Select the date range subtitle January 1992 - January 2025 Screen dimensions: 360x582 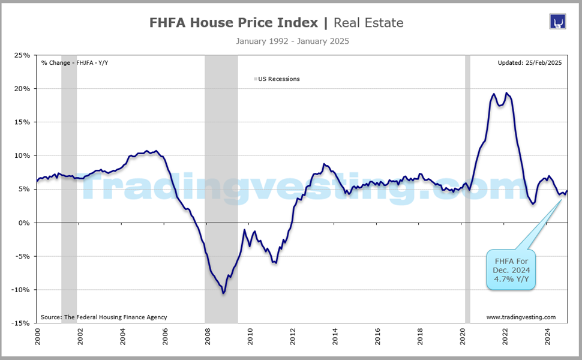point(292,41)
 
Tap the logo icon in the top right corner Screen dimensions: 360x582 point(558,22)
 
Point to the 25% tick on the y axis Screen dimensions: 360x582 point(23,55)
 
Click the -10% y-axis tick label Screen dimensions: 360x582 point(21,290)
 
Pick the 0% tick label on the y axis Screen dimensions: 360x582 point(25,223)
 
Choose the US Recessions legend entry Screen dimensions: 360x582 point(278,79)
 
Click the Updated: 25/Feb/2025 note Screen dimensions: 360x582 point(529,62)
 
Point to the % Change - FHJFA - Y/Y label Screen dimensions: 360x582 point(75,62)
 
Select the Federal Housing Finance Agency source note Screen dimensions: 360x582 point(103,317)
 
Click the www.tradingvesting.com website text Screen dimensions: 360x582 point(521,317)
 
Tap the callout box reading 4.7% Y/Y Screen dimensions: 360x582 point(511,270)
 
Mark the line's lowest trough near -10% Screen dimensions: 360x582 point(223,293)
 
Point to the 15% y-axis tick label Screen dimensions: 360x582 point(23,122)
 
